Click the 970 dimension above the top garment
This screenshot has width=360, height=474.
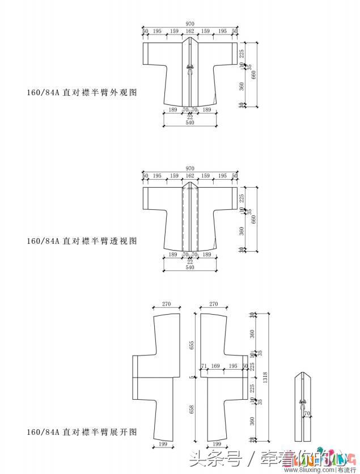(189, 24)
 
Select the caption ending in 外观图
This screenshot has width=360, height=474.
(82, 91)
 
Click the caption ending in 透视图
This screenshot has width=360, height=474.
(82, 240)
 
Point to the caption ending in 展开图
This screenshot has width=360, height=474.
(82, 432)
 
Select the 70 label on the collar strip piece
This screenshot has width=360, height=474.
(306, 414)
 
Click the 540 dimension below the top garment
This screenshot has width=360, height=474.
(189, 122)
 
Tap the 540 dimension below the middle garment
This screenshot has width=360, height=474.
(189, 267)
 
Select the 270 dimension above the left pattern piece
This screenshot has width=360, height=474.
(166, 304)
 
